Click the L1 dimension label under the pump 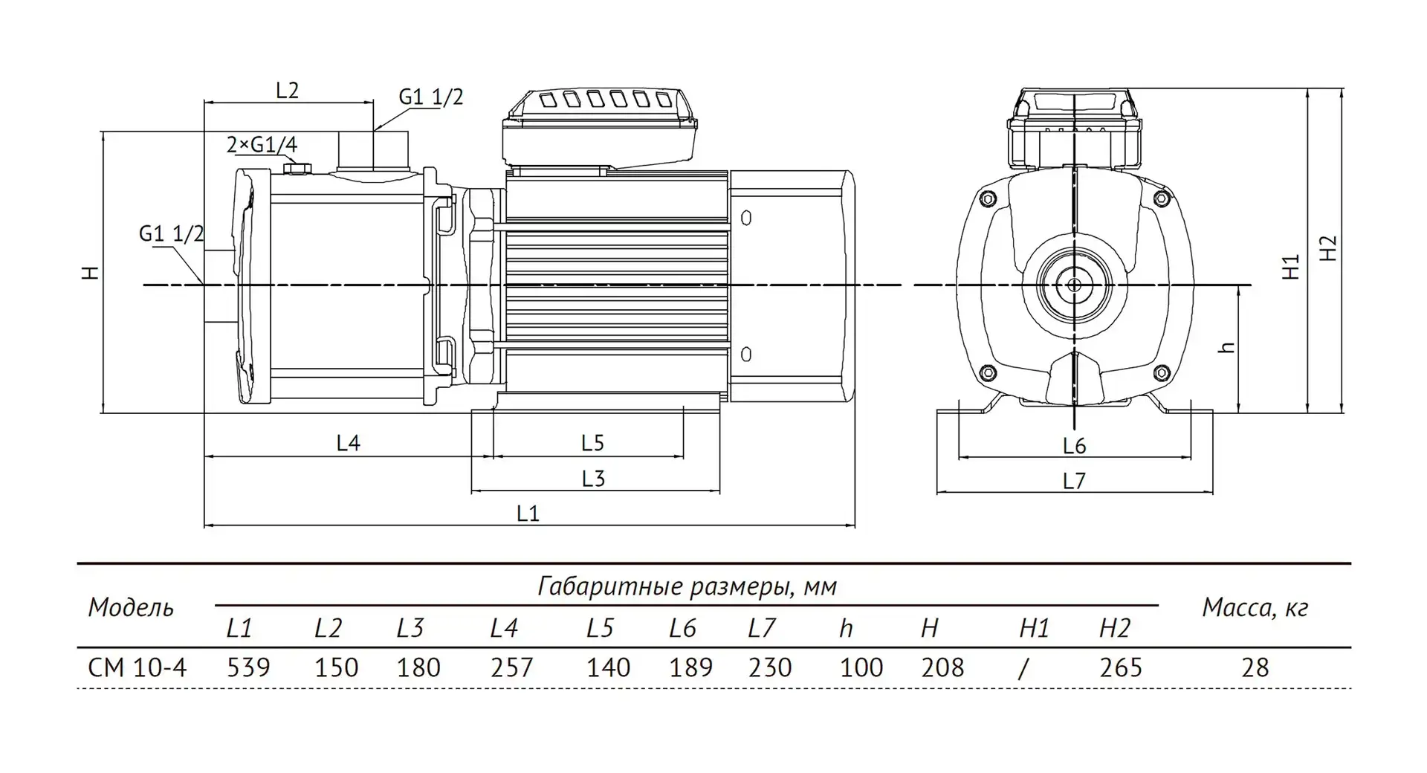click(527, 513)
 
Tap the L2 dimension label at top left click(287, 91)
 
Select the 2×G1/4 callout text click(262, 144)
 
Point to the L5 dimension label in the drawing click(592, 443)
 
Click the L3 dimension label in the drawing click(593, 479)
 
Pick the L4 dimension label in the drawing click(348, 443)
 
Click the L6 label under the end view click(1074, 446)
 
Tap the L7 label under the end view click(1074, 482)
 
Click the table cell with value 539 click(248, 667)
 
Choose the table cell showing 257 click(511, 667)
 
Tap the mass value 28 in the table click(1255, 667)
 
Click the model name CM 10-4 click(137, 667)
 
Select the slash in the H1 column click(1023, 667)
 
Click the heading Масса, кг click(1255, 608)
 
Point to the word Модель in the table click(131, 608)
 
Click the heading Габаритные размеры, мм click(687, 586)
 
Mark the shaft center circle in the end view click(1074, 284)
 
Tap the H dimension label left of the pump click(91, 273)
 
